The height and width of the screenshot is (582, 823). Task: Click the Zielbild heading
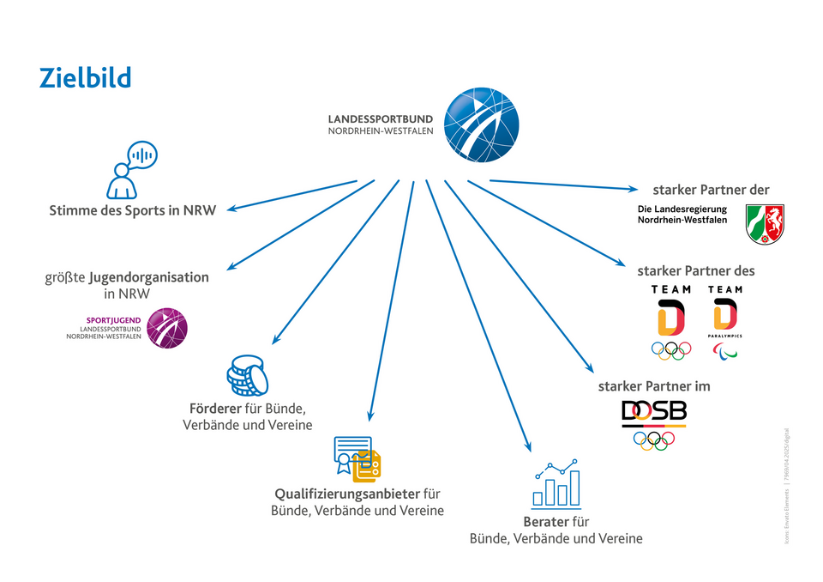coord(85,78)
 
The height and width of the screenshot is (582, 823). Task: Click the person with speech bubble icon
coord(129,169)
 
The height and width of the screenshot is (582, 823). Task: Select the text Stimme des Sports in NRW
coord(132,210)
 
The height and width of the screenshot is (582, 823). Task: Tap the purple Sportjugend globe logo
coord(166,327)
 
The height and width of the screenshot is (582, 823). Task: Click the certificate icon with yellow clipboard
coord(357,458)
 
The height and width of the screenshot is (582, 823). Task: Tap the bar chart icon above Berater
coord(556,483)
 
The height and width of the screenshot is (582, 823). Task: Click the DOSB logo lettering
coord(653,414)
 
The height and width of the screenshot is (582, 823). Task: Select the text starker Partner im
coord(653,386)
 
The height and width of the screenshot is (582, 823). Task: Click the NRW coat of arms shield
coord(765,223)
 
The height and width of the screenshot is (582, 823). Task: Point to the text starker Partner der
coord(711,190)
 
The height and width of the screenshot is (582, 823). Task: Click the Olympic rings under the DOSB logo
coord(653,440)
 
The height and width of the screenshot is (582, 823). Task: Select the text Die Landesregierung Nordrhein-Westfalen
coord(682,215)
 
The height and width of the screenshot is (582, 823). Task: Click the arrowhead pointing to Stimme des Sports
coord(231,207)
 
